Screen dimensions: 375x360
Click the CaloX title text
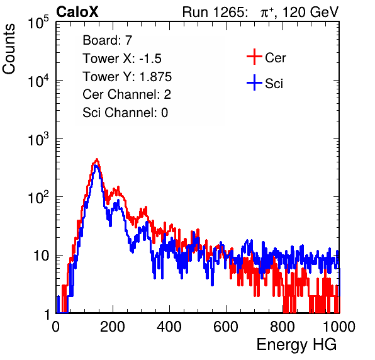[77, 12]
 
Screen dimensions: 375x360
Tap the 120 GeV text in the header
[310, 12]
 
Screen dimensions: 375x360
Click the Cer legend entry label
[275, 58]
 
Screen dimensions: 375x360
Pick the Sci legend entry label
[274, 84]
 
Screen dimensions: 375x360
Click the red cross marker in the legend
[254, 57]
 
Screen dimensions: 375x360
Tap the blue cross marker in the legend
[254, 82]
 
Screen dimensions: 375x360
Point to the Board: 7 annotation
[108, 40]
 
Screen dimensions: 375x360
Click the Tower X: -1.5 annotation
[122, 59]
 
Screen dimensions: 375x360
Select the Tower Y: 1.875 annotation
[127, 77]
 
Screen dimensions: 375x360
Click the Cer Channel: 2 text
[126, 94]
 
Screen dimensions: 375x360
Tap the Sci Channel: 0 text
[125, 113]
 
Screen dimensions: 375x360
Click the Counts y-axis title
[9, 49]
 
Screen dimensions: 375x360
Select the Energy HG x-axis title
[296, 345]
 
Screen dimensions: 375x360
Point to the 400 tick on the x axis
[169, 327]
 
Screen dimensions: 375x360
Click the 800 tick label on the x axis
[283, 327]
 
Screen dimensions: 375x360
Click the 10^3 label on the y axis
[38, 139]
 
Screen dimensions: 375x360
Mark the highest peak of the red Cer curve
[97, 159]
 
